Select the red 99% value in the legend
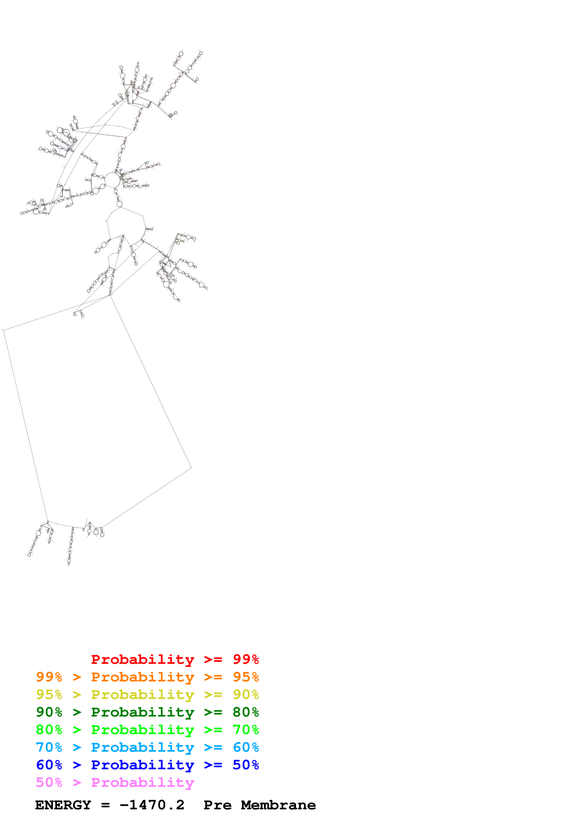click(246, 659)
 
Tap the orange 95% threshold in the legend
click(246, 677)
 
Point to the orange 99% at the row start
click(49, 677)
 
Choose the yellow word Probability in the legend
click(142, 695)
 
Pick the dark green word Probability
click(142, 712)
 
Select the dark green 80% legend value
click(246, 712)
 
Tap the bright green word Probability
click(142, 730)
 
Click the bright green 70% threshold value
click(246, 730)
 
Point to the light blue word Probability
click(142, 747)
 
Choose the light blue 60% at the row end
click(246, 747)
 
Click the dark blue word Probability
click(142, 765)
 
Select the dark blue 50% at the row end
click(246, 765)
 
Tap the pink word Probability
click(142, 783)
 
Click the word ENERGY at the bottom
click(63, 805)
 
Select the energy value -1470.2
click(152, 805)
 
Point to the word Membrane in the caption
click(278, 805)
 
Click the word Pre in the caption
click(217, 805)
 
